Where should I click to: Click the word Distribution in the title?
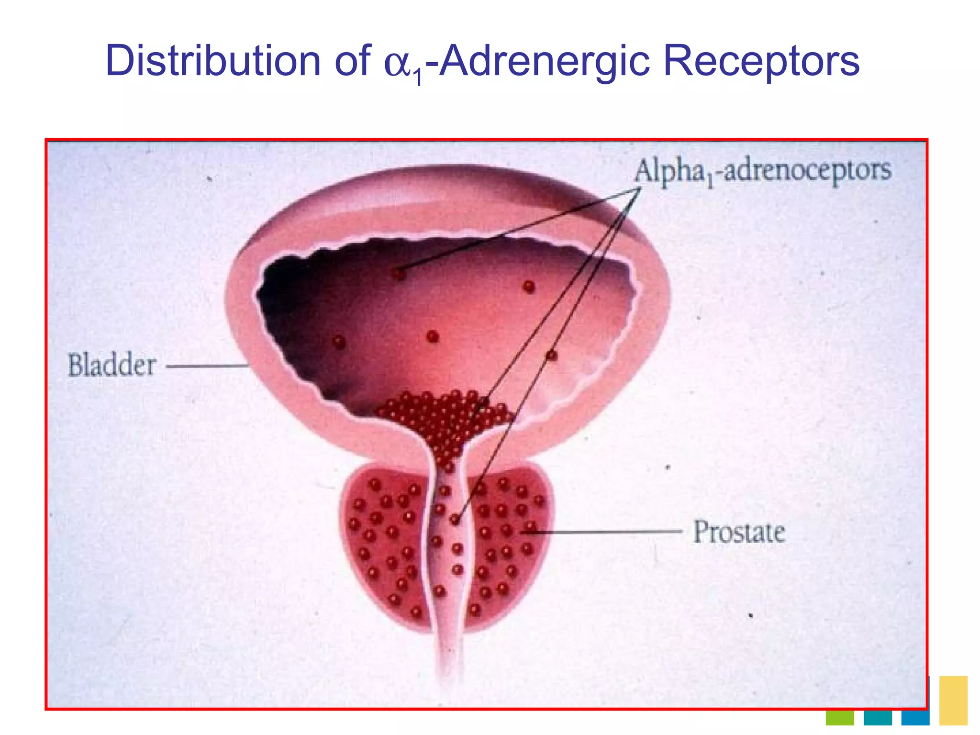(213, 61)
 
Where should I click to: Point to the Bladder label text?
(112, 365)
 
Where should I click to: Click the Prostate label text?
(739, 532)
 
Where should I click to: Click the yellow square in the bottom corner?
(953, 700)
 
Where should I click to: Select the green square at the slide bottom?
(839, 718)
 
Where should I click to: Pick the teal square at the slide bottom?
(878, 718)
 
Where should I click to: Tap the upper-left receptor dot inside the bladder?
(399, 274)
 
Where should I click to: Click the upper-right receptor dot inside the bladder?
(529, 287)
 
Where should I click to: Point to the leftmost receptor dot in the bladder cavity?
(339, 342)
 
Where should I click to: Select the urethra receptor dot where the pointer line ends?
(455, 519)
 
